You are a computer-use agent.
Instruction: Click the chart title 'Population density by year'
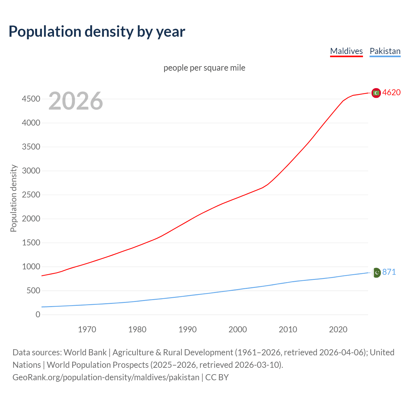coord(97,32)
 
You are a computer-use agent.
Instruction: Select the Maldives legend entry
coord(346,51)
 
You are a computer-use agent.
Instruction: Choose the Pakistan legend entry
coord(385,51)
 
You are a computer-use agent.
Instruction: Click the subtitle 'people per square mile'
coord(204,68)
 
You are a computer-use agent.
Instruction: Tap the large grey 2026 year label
coord(76,101)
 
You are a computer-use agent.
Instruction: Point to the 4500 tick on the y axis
coord(31,99)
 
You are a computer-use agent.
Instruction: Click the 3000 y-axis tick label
coord(31,171)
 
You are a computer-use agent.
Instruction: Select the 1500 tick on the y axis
coord(31,243)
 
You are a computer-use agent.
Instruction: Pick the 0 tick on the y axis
coord(38,315)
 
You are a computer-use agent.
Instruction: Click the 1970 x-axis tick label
coord(87,329)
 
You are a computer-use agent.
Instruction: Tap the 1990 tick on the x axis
coord(188,329)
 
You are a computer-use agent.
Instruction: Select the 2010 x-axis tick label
coord(288,329)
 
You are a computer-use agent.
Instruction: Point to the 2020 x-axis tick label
coord(338,329)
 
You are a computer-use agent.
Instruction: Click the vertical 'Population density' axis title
coord(13,198)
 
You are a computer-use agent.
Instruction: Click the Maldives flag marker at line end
coord(376,93)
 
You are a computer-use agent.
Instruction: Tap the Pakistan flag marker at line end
coord(376,273)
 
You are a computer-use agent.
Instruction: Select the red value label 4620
coord(391,92)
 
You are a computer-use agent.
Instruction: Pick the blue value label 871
coord(389,272)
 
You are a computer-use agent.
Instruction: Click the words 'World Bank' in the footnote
coord(85,352)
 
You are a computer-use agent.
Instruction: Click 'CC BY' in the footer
coord(217,377)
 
